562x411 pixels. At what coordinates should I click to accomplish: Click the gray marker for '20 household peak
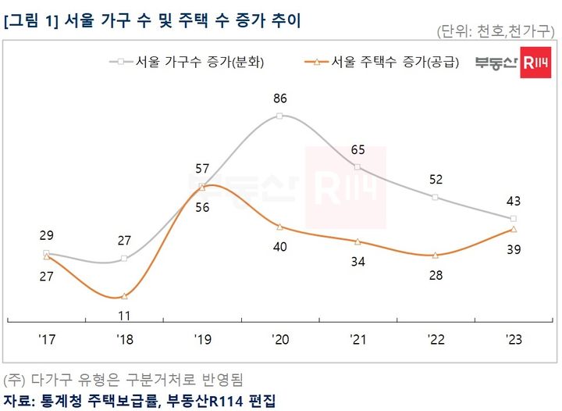pos(279,116)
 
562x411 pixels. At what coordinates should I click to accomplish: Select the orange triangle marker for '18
pos(124,296)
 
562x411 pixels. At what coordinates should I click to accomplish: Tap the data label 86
pos(280,98)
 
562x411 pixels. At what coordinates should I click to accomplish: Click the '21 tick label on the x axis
pos(357,340)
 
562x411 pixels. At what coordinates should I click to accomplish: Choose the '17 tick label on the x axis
pos(46,340)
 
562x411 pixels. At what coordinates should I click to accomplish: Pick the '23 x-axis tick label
pos(513,340)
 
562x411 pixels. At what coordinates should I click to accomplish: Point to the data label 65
pos(357,149)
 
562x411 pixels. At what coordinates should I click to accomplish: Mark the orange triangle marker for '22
pos(436,256)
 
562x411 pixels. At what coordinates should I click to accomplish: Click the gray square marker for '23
pos(513,219)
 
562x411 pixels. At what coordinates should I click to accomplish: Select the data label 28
pos(436,275)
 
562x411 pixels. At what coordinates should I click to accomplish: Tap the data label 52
pos(436,180)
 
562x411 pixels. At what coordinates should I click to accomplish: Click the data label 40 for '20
pos(280,247)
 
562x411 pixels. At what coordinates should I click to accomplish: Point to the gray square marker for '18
pos(124,259)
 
